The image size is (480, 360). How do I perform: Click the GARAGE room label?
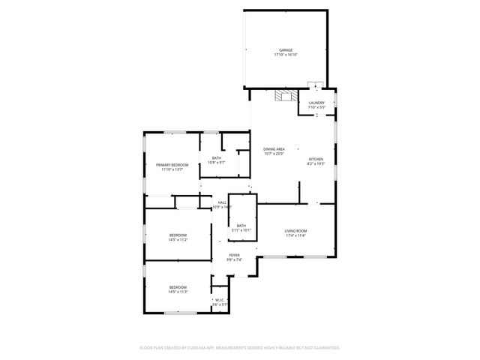pos(286,50)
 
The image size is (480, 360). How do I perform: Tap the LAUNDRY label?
pos(316,103)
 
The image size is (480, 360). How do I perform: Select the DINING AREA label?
pos(274,149)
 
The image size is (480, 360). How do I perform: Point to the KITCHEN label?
pos(316,159)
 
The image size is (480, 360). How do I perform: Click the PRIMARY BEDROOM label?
pos(172,164)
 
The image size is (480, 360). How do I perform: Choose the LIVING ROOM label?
pos(295,230)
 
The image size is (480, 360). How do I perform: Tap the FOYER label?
pos(235,256)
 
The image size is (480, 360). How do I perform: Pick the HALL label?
pos(222,202)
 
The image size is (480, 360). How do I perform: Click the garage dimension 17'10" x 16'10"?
pos(286,55)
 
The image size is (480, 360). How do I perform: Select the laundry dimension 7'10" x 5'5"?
pos(316,107)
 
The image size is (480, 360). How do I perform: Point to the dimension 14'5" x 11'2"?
pos(178,240)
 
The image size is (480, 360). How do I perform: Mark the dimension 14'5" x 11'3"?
pos(178,292)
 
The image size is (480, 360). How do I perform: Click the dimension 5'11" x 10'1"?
pos(241,230)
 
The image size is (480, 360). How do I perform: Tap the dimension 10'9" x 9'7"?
pos(216,162)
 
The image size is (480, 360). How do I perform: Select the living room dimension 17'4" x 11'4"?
pos(295,235)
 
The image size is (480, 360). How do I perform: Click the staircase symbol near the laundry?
pos(282,96)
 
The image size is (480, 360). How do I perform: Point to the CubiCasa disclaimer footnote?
pos(240,348)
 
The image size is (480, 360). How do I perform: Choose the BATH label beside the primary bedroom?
pos(216,157)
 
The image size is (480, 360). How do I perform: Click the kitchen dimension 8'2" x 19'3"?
pos(316,163)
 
